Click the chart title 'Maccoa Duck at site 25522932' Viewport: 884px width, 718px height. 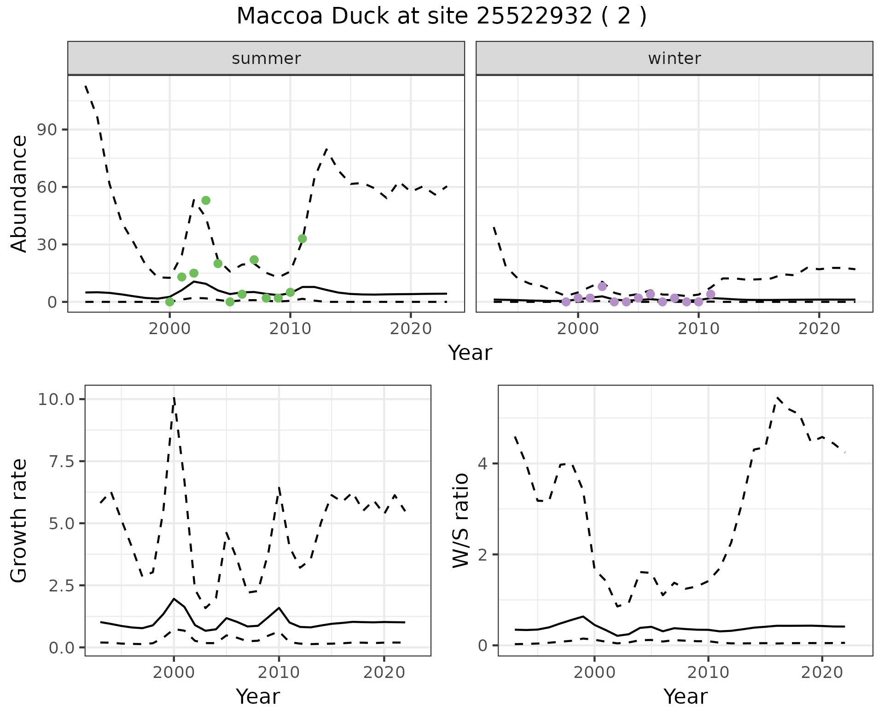(x=441, y=17)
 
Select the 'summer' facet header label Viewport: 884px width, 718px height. (x=266, y=58)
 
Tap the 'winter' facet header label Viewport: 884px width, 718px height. (x=674, y=58)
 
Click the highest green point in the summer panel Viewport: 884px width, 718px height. (x=206, y=200)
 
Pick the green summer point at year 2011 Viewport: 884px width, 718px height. (x=302, y=238)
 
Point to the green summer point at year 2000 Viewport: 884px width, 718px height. (x=170, y=302)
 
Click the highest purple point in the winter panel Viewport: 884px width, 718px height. (x=602, y=286)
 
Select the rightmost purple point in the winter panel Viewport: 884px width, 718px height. (x=710, y=294)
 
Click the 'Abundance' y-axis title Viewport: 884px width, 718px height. (x=19, y=193)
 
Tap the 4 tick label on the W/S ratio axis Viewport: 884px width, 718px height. (x=483, y=463)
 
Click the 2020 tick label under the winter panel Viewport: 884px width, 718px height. (x=819, y=329)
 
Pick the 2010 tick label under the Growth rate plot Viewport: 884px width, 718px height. (x=279, y=672)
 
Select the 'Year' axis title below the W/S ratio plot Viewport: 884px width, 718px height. (x=685, y=697)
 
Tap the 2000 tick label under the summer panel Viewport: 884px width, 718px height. (x=170, y=329)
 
